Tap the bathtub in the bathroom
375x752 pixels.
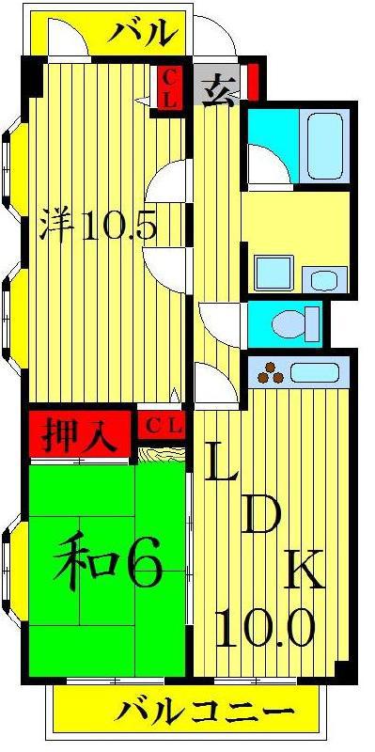coord(324,146)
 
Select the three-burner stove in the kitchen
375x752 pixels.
coord(271,372)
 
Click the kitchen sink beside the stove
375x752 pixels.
coord(315,372)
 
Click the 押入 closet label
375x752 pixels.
coord(80,434)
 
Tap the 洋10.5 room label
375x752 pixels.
coord(99,225)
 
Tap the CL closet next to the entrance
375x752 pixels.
coord(169,88)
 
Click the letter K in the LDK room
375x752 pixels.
coord(304,569)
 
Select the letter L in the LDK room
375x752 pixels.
coord(222,462)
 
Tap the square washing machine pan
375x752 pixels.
coord(273,273)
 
